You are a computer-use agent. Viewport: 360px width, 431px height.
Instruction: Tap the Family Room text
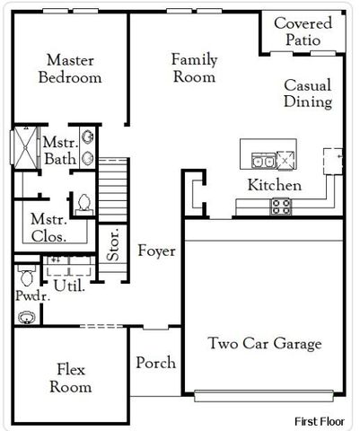(x=195, y=68)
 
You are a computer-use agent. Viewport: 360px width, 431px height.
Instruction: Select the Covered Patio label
(x=303, y=31)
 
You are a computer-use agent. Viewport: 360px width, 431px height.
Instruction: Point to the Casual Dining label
(x=308, y=93)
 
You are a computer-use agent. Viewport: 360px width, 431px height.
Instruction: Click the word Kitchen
(x=274, y=186)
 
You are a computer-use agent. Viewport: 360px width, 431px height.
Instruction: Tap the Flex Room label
(x=70, y=378)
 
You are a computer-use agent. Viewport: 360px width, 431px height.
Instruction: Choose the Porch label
(x=155, y=363)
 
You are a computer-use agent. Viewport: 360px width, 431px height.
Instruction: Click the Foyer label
(x=156, y=251)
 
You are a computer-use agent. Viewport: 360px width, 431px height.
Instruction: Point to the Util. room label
(x=68, y=286)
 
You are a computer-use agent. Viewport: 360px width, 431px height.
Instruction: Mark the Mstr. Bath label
(x=60, y=151)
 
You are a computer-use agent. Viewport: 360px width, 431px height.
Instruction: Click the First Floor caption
(x=321, y=420)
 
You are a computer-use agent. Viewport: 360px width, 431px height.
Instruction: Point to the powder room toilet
(x=25, y=272)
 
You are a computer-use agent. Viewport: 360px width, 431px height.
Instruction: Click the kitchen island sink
(x=264, y=162)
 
